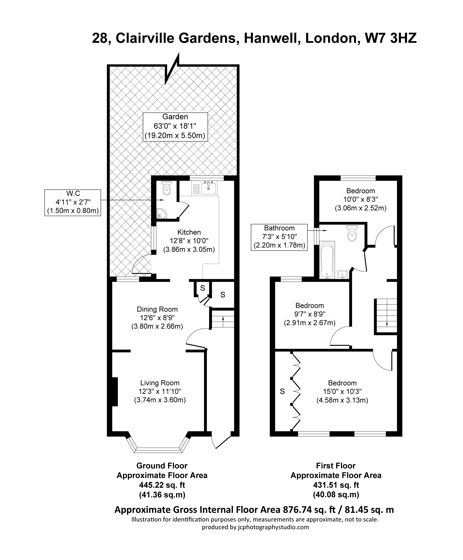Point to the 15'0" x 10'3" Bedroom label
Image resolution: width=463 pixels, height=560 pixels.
(342, 392)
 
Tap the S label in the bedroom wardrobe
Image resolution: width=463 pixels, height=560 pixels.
(282, 391)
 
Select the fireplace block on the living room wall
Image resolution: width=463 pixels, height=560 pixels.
(115, 392)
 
